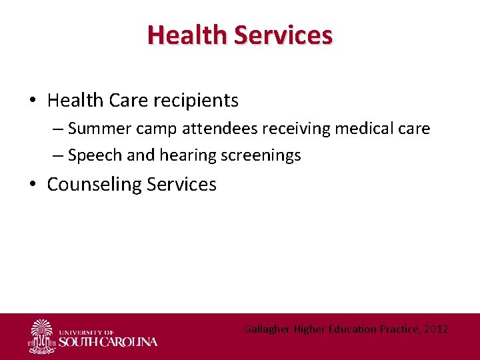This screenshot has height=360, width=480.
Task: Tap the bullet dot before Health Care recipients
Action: pos(32,101)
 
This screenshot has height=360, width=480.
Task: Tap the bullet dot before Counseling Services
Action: pos(32,185)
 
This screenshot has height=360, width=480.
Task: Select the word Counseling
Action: pos(94,185)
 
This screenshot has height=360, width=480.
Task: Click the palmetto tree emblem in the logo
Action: pos(42,335)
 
